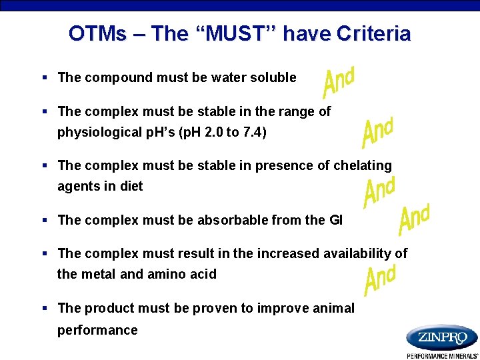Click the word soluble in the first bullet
[x=274, y=77]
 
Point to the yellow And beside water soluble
[x=338, y=81]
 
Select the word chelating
[x=364, y=165]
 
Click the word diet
[x=131, y=187]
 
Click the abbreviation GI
[x=335, y=220]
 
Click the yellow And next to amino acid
[x=380, y=279]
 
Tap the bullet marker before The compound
[x=45, y=78]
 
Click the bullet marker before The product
[x=45, y=309]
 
